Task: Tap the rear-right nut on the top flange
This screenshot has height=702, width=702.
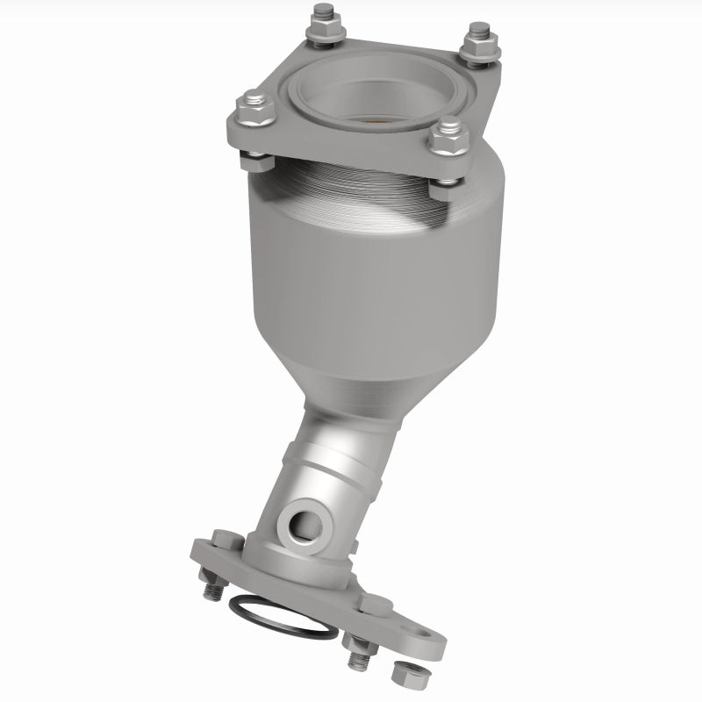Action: tap(479, 41)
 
